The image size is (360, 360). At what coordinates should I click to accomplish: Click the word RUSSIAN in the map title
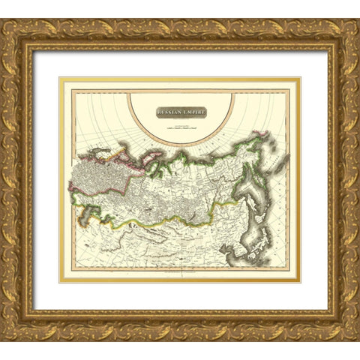click(170, 112)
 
